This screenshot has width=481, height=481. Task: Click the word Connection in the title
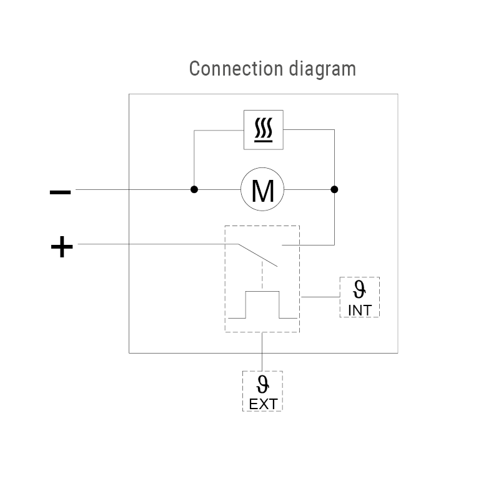pos(228,69)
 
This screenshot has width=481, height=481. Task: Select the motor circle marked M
pos(262,189)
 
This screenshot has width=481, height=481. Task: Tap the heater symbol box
pos(263,129)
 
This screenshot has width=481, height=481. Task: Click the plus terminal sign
pos(61,248)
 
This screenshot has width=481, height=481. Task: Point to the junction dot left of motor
pos(194,189)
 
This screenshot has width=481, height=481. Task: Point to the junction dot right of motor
pos(334,189)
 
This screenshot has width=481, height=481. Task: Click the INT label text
pos(359,310)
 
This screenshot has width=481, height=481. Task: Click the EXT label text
pos(262,404)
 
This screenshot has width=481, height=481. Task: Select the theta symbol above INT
pos(359,289)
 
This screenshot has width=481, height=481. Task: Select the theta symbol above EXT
pos(262,383)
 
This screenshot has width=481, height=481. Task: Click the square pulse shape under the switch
pos(262,305)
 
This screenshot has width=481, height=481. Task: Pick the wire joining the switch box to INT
pos(320,297)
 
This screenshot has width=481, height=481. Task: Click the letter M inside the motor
pos(262,191)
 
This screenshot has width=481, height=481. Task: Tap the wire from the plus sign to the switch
pos(156,244)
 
